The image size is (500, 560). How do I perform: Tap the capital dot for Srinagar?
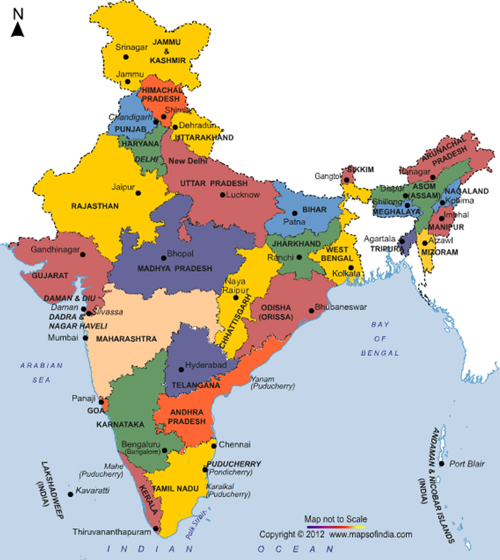126,57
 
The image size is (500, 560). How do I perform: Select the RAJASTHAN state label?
95,206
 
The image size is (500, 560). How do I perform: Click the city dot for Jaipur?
138,193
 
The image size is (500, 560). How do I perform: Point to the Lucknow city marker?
222,195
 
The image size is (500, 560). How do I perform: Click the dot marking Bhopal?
164,258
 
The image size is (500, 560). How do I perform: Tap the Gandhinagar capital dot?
83,254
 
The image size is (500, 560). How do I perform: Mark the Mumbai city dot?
86,338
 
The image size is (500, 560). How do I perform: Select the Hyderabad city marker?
181,369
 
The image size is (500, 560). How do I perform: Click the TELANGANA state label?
196,385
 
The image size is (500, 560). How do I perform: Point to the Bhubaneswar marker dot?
311,311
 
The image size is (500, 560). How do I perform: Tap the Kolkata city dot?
351,268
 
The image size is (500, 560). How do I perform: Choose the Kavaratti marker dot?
70,494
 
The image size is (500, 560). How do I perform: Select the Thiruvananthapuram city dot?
156,529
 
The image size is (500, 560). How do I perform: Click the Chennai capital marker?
214,445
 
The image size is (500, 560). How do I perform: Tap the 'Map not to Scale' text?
335,519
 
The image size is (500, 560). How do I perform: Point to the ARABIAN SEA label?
42,372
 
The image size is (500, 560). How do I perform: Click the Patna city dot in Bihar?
295,213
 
